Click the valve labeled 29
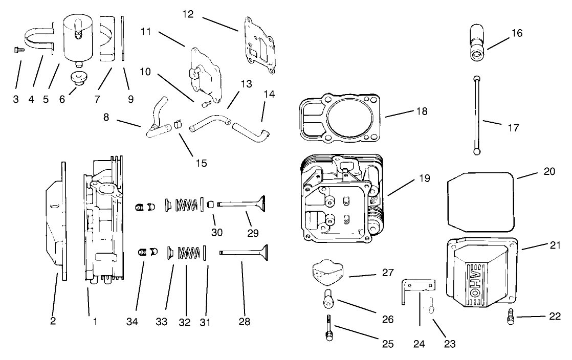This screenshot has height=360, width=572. point(240,204)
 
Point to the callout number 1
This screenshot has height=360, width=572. point(95,322)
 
